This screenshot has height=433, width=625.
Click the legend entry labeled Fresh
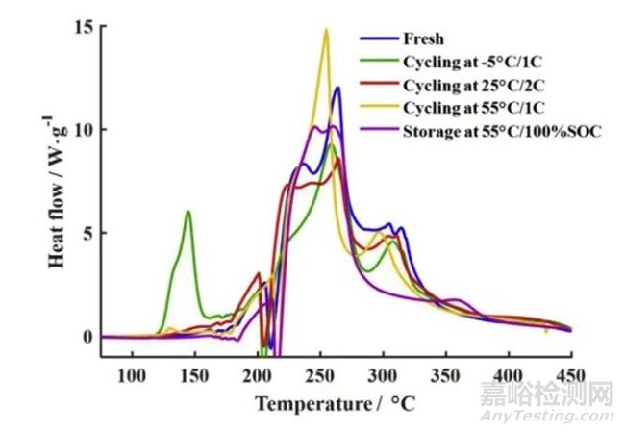(417, 39)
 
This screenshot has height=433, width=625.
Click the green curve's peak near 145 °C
(188, 212)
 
